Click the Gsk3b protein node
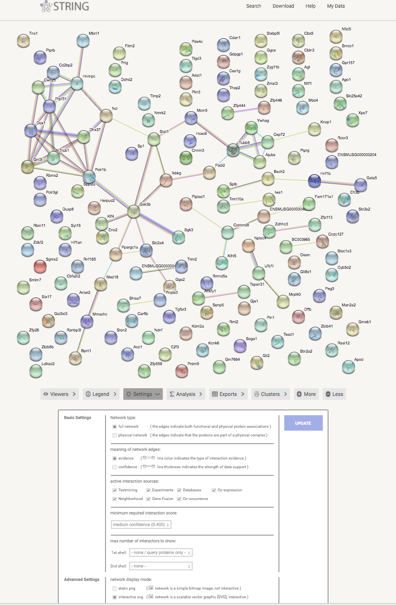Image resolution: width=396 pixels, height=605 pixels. pos(134,211)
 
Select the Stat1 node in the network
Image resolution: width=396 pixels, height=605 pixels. pos(154,139)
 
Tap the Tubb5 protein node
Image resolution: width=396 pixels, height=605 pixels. pos(233,150)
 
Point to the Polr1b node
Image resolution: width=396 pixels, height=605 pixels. pos(89,177)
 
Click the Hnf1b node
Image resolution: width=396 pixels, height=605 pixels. pos(314,181)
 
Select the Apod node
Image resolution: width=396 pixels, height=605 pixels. pos(348,367)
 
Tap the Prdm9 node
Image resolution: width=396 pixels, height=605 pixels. pos(182,370)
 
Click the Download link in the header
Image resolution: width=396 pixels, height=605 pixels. pos(283,6)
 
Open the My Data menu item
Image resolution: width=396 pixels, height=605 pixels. pos(336,6)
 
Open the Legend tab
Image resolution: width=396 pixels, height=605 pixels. pos(101,394)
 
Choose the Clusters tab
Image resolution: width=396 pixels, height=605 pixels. pos(270,394)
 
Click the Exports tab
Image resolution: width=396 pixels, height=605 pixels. pos(228,394)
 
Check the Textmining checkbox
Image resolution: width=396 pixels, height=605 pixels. pos(115,490)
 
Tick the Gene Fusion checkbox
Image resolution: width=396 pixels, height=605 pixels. pos(148,499)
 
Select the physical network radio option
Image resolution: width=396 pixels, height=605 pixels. pos(115,435)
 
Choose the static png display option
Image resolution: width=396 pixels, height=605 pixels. pos(115,588)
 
